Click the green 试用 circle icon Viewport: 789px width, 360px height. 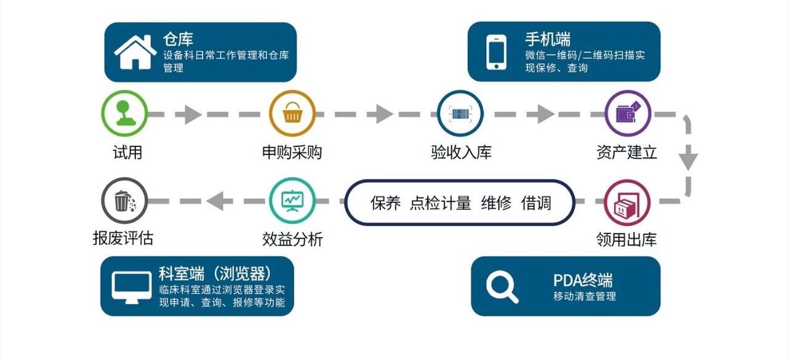[x=125, y=114]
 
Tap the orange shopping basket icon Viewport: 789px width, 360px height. [x=292, y=114]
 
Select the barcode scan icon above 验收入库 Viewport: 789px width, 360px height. [x=460, y=114]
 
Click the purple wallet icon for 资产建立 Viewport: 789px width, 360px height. [x=628, y=114]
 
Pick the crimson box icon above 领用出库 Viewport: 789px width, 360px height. [x=627, y=202]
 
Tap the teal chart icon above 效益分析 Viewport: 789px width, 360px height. [x=292, y=201]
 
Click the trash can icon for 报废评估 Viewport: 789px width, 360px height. [x=124, y=201]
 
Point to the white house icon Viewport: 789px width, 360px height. [x=135, y=52]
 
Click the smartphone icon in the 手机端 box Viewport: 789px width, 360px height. [x=497, y=52]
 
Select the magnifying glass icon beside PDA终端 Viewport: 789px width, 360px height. [x=502, y=286]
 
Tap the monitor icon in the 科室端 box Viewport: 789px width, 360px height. [x=132, y=287]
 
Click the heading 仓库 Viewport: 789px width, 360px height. [x=178, y=40]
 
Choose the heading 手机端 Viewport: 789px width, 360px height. [x=547, y=39]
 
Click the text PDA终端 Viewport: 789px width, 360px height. [x=583, y=281]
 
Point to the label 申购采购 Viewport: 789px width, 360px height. [x=292, y=152]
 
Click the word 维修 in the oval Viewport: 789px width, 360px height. [x=496, y=203]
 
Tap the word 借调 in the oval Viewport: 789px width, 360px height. [x=536, y=203]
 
